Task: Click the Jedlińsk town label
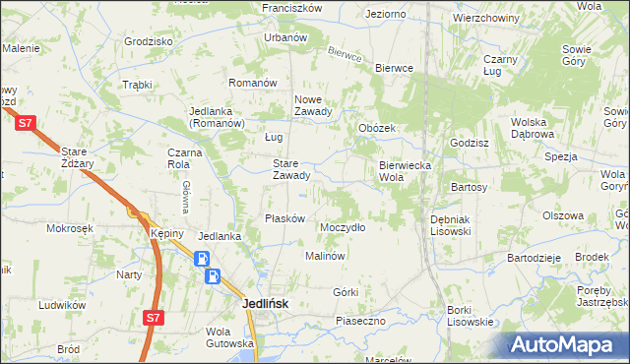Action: click(266, 304)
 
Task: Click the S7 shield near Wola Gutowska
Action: click(152, 318)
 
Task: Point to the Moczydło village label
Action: click(343, 227)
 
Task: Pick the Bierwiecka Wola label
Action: click(405, 171)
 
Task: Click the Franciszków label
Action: click(292, 8)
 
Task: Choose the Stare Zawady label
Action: click(291, 170)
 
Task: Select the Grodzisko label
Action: click(149, 42)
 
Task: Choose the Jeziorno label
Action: click(385, 15)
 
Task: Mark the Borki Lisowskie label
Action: click(470, 316)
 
